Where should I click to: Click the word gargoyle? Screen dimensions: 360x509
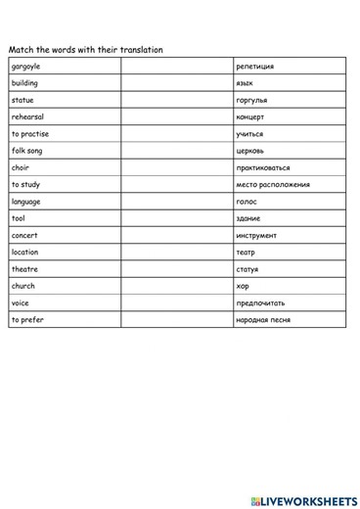coord(25,67)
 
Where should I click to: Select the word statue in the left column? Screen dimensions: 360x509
coord(22,100)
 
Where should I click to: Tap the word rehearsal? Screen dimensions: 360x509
coord(27,116)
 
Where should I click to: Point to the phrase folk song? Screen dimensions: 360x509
coord(26,151)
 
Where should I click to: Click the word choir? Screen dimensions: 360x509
coord(21,167)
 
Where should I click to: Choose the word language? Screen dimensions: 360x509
coord(26,202)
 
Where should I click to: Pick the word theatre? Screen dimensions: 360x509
coord(24,269)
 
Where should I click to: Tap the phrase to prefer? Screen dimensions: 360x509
coord(27,319)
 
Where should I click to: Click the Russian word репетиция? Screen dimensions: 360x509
coord(254,67)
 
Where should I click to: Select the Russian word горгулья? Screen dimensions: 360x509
coord(251,100)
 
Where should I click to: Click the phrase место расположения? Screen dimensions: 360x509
coord(273,185)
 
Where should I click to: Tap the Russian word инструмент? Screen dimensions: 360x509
coord(256,235)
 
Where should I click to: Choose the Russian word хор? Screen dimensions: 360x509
coord(243,286)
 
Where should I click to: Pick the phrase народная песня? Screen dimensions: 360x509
coord(263,320)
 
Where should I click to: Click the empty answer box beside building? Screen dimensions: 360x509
coord(176,83)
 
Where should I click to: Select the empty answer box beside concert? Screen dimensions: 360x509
coord(176,235)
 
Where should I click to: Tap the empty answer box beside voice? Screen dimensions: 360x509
coord(176,302)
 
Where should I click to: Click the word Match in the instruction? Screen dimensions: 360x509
coord(21,49)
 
